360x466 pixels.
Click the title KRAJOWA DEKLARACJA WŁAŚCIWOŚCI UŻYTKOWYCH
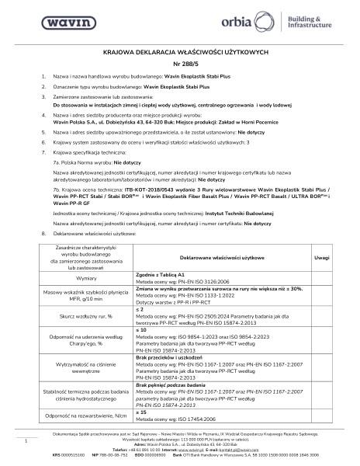(180, 51)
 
